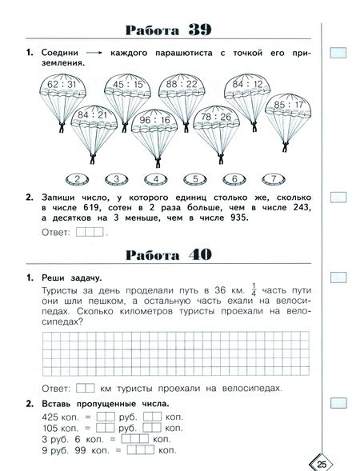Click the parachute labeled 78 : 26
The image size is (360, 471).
(217, 118)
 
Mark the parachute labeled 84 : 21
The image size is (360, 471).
(91, 118)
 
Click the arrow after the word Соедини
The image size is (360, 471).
(97, 53)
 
